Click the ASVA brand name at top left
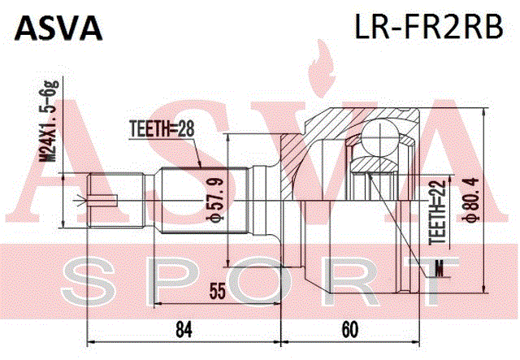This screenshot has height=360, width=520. click(58, 28)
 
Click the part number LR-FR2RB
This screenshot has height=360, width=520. click(429, 27)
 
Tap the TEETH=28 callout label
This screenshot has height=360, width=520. click(162, 128)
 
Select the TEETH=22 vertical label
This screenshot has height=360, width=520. click(437, 212)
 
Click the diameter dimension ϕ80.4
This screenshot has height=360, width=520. click(471, 199)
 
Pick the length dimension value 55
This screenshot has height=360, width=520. click(217, 291)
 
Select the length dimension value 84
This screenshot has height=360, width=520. click(184, 329)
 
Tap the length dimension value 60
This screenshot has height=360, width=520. click(350, 329)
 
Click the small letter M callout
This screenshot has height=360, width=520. click(439, 267)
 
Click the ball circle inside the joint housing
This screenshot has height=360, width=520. click(379, 137)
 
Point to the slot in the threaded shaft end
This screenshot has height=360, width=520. click(102, 200)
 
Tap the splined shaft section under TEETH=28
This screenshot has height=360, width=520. click(204, 200)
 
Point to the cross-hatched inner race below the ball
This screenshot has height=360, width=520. click(375, 165)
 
